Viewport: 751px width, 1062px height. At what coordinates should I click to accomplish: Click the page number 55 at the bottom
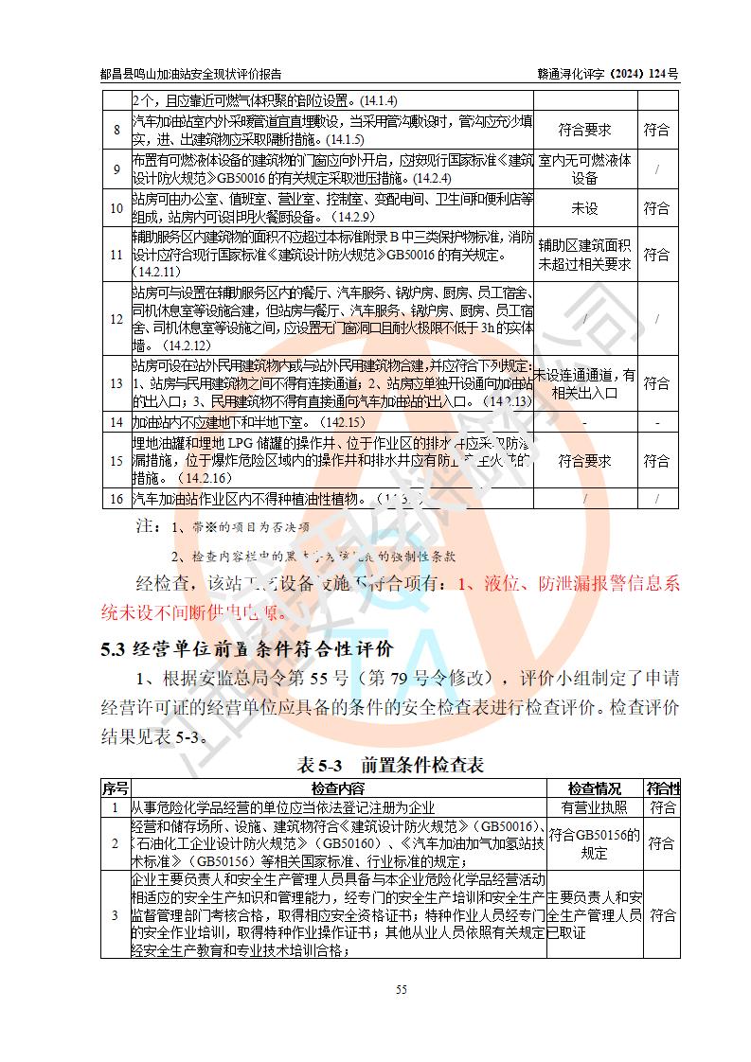(401, 990)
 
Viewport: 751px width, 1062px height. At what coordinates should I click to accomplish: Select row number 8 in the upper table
(116, 130)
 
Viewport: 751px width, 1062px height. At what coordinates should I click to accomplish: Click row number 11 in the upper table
(116, 255)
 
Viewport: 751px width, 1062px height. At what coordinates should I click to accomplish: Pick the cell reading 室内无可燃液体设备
(584, 168)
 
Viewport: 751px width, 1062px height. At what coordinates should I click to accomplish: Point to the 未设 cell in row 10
(584, 207)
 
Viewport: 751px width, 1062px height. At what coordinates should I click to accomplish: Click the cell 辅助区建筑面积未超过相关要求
(584, 255)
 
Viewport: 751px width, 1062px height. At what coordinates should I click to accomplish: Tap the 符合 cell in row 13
(656, 383)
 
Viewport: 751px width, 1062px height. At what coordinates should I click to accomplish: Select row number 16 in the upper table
(116, 498)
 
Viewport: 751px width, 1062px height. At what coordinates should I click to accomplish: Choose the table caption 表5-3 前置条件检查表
(390, 765)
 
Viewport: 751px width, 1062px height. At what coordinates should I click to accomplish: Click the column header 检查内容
(337, 788)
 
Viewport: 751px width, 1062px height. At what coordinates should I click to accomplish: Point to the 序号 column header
(115, 788)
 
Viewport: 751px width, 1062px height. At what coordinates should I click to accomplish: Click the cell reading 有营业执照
(594, 807)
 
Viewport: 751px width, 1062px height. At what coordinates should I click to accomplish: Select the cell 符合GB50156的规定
(594, 843)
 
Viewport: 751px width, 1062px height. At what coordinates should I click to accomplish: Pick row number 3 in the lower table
(115, 915)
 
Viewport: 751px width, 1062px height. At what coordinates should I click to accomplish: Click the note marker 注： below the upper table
(147, 524)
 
